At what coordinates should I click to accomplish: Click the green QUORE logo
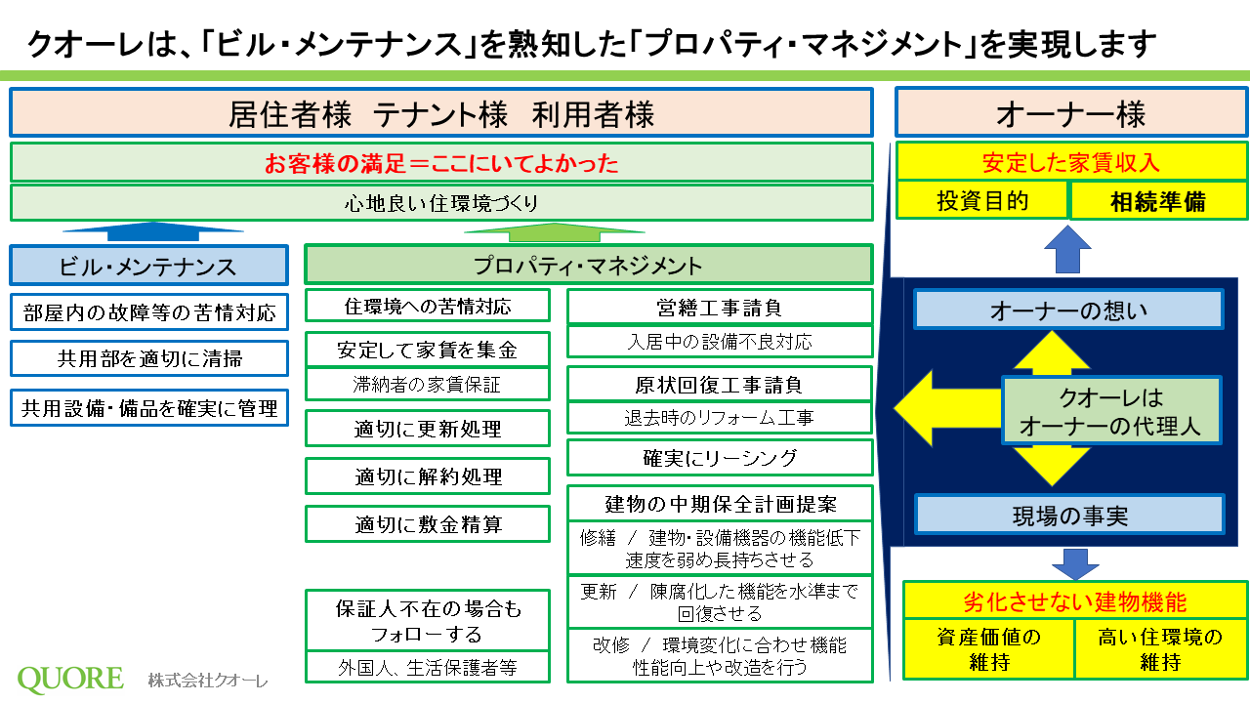tap(70, 679)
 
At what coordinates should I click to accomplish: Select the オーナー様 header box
tap(1071, 112)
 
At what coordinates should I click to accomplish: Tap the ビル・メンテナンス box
tap(149, 265)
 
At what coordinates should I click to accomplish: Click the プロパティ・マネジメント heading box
tap(589, 265)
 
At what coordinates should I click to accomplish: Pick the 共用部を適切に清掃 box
tap(149, 358)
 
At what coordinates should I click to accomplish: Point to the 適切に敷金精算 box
tap(428, 524)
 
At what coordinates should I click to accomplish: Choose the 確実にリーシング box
tap(720, 458)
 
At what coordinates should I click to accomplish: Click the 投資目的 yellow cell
tap(982, 200)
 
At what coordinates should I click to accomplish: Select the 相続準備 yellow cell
tap(1158, 201)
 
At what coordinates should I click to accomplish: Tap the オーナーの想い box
tap(1068, 310)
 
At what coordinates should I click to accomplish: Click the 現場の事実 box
tap(1069, 515)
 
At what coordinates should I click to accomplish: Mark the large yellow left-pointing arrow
tap(947, 409)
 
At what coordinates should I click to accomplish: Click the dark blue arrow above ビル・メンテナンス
tap(153, 231)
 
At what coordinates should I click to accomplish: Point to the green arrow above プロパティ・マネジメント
tap(554, 232)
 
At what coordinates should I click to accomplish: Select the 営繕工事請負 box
tap(720, 307)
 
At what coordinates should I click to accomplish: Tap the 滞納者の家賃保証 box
tap(428, 384)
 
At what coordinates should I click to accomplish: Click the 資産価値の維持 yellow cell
tap(989, 649)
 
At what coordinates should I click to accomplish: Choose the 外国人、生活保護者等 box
tap(428, 667)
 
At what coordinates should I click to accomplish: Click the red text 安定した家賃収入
tap(1071, 162)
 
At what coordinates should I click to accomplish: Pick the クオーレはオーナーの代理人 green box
tap(1111, 411)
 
